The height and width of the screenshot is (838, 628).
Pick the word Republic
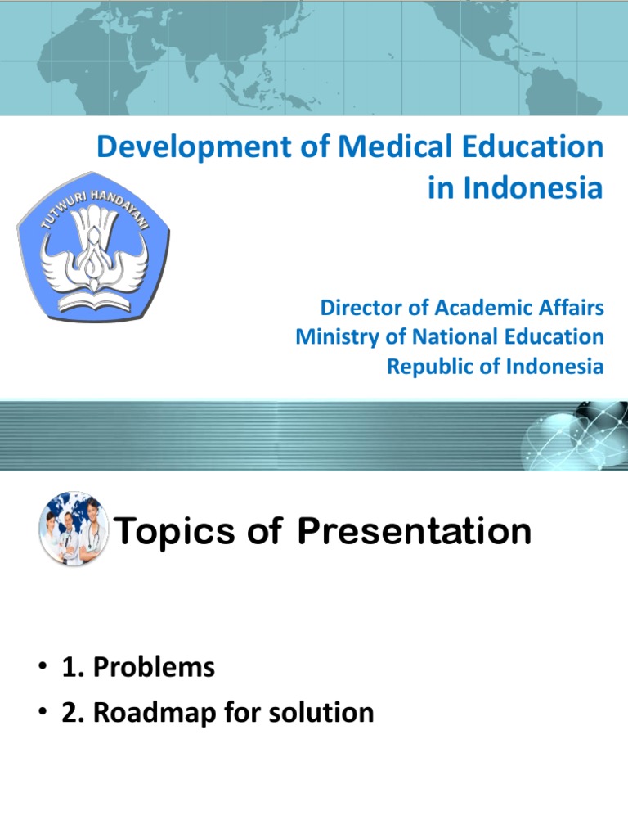tap(427, 366)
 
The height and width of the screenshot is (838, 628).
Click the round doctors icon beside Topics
tap(71, 530)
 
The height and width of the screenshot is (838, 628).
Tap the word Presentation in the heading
tap(414, 532)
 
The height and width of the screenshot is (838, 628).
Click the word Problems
tap(154, 668)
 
